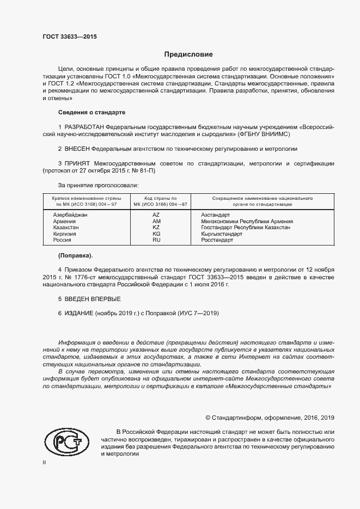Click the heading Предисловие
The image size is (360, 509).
tap(189, 54)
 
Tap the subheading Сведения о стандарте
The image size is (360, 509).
tap(91, 112)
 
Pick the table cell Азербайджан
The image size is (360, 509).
tap(70, 215)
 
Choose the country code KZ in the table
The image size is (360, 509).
tap(156, 228)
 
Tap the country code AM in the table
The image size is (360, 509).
tap(156, 222)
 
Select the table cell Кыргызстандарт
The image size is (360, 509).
tap(222, 234)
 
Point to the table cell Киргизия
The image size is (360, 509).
tap(64, 234)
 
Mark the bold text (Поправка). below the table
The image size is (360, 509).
tap(75, 255)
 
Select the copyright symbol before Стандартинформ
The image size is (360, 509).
tap(208, 418)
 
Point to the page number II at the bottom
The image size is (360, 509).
tap(44, 462)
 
